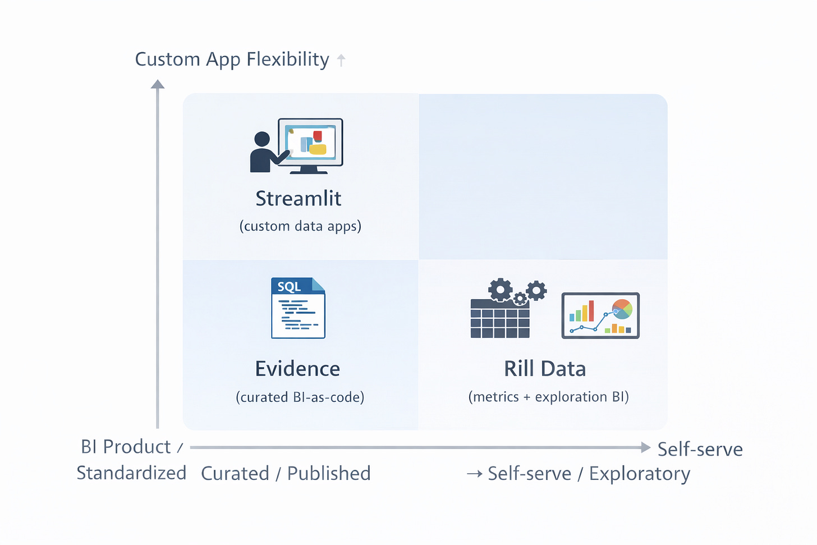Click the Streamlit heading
tap(298, 199)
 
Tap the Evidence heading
tap(297, 369)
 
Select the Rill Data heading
tap(545, 369)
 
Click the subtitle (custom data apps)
tap(300, 226)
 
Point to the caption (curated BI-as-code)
tap(300, 397)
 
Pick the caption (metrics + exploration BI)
tap(549, 397)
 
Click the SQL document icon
tap(298, 308)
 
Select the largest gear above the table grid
tap(500, 290)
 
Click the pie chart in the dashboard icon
tap(622, 309)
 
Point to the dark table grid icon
tap(500, 319)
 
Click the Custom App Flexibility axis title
tap(232, 59)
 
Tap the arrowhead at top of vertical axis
tap(158, 84)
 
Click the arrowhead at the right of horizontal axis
tap(645, 447)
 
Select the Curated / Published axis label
tap(286, 474)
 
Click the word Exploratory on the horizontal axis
tap(639, 474)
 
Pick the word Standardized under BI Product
tap(131, 473)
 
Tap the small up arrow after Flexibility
tap(341, 60)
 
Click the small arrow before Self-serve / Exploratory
tap(475, 474)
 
